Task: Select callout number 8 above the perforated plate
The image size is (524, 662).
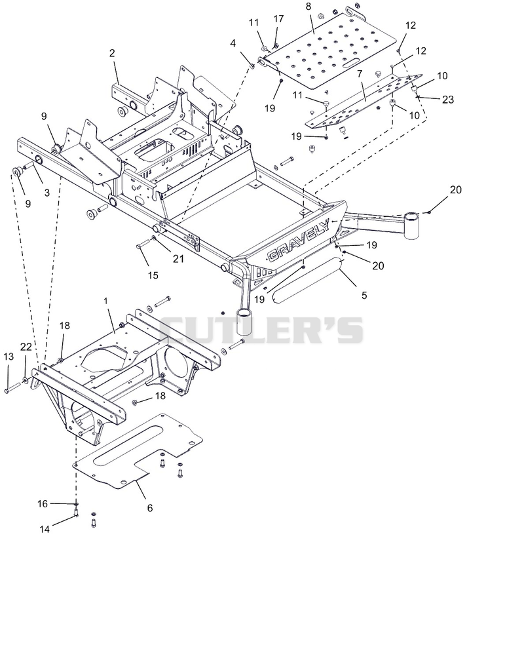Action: point(309,7)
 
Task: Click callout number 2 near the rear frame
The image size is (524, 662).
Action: point(112,53)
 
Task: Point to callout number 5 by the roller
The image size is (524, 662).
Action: point(365,295)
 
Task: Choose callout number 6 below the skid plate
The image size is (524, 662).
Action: point(150,508)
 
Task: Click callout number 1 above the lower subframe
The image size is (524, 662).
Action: point(106,301)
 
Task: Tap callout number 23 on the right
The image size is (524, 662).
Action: point(447,99)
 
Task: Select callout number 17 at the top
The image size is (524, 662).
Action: point(278,19)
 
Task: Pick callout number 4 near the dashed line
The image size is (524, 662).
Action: point(233,43)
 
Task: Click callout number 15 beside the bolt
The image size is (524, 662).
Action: point(153,275)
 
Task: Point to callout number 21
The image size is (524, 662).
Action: point(178,258)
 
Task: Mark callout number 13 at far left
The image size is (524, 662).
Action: point(9,357)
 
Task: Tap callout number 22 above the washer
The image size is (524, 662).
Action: point(26,347)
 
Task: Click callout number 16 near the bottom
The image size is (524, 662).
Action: point(43,503)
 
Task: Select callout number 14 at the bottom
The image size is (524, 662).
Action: point(45,529)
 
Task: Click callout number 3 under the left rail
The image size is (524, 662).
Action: point(47,193)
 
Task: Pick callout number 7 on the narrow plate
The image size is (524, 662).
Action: point(360,74)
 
